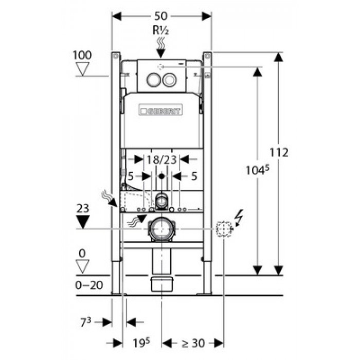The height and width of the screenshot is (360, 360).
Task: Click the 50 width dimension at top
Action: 160,16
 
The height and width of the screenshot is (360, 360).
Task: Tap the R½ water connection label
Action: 160,30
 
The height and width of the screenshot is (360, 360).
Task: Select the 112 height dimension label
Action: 279,152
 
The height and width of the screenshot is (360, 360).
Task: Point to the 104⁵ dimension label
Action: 257,170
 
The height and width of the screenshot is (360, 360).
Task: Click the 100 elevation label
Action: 82,55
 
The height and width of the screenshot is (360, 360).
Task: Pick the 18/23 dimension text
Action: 161,159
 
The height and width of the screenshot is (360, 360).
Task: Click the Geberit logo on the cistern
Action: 160,110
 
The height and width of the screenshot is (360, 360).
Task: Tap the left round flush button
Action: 153,80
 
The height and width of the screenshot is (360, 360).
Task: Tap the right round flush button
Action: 169,80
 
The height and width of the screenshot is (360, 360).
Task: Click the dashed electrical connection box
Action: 224,229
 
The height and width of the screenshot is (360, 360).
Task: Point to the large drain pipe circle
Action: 161,229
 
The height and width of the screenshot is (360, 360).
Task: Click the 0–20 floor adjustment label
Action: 89,285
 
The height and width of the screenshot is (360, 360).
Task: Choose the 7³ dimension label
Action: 85,322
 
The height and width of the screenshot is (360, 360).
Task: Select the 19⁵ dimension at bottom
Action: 141,343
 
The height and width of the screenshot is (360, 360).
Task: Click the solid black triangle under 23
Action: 83,222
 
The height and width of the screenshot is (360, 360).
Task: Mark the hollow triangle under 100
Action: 82,69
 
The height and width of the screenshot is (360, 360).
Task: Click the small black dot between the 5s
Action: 161,176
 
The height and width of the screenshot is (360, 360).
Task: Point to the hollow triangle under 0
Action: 82,266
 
